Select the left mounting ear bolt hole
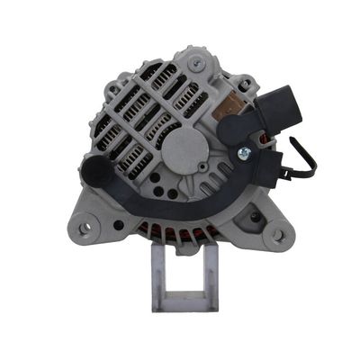(85, 229)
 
